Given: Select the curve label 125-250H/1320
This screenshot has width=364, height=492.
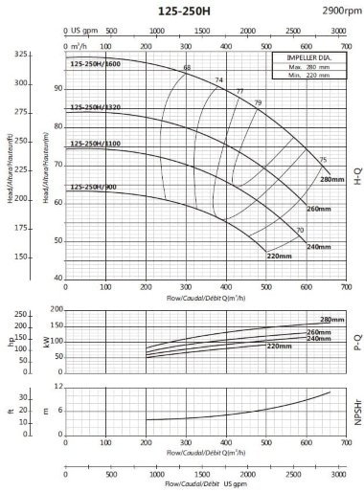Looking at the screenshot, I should (x=94, y=108).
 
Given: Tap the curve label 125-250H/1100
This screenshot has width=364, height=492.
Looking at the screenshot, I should (x=94, y=144).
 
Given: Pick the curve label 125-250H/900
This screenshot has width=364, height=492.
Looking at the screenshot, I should (x=92, y=172).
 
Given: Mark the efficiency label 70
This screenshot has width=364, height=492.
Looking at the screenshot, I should (x=300, y=231).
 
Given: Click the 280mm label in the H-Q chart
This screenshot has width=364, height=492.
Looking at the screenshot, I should (x=331, y=180).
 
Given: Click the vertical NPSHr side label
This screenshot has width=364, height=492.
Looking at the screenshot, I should (x=356, y=408).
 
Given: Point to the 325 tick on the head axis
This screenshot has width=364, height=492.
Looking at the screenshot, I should (x=48, y=56).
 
